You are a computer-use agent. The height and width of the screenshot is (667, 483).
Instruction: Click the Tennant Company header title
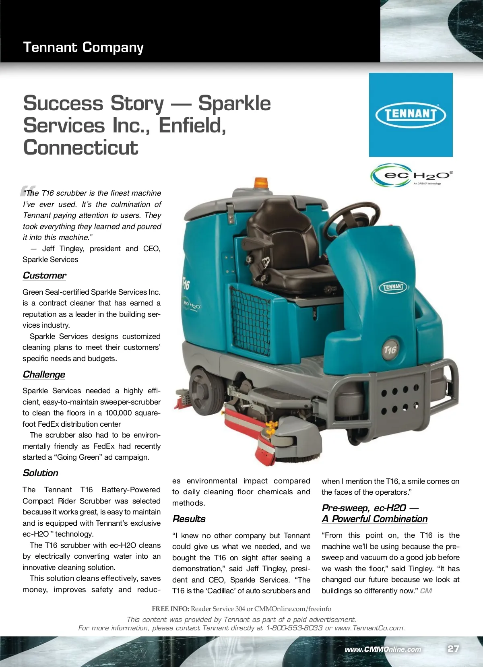coord(83,47)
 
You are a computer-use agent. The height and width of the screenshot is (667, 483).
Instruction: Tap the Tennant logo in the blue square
coord(411,114)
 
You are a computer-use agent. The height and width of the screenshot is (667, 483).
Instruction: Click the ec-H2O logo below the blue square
coord(411,176)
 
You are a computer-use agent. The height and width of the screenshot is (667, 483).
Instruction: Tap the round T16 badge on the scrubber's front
coord(390,349)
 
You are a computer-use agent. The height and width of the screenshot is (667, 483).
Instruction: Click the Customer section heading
coord(44,275)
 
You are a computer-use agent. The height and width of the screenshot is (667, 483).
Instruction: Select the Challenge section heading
coord(44,374)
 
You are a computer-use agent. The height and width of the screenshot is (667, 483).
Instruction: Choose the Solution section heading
coord(40,473)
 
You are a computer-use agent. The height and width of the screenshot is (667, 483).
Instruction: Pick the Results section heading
coord(189,519)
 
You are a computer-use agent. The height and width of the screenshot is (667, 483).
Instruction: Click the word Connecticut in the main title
coord(80,147)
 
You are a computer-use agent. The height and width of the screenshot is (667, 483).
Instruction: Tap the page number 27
coord(453,648)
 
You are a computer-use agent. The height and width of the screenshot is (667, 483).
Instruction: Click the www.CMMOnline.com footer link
coord(383,649)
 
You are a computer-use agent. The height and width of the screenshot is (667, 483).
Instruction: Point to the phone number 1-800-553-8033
coord(294,628)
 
